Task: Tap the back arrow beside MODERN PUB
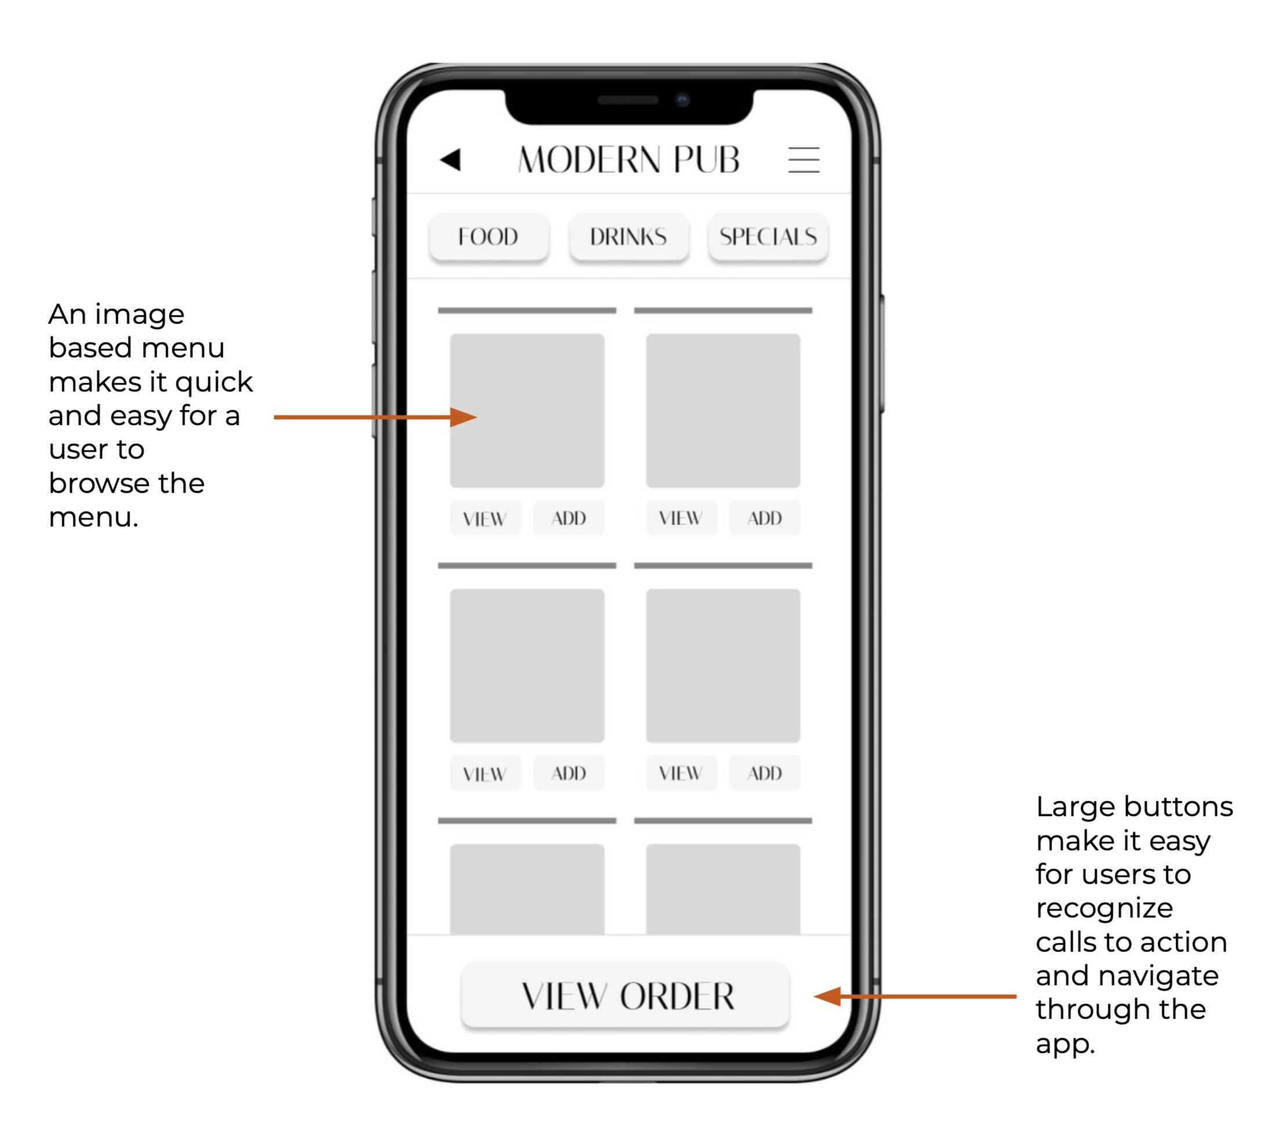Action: (450, 159)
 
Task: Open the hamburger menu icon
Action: (803, 159)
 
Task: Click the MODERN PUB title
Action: (628, 159)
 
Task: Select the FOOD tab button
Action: (489, 237)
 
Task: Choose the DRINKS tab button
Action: (628, 237)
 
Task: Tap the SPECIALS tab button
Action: (768, 237)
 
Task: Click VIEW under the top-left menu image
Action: (485, 518)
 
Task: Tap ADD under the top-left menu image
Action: (569, 518)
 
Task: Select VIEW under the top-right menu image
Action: (681, 518)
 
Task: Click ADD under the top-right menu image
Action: (765, 518)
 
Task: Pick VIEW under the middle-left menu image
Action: (485, 773)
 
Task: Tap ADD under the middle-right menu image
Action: (765, 773)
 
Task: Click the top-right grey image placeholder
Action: (723, 411)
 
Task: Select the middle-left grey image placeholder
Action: (527, 666)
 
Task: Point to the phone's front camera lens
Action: (682, 100)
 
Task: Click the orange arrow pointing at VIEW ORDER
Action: (915, 996)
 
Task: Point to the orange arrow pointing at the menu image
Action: (375, 417)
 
